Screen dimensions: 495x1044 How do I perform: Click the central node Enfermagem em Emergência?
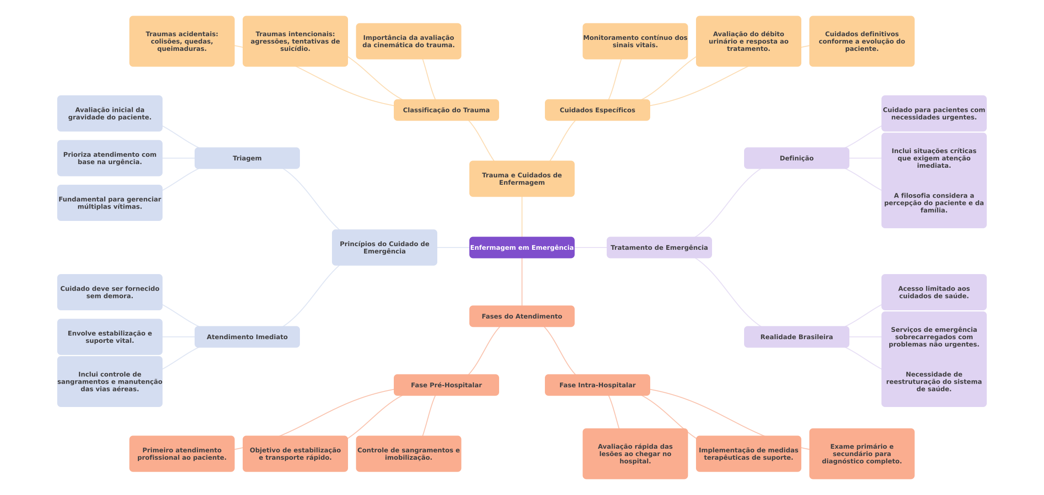[522, 247]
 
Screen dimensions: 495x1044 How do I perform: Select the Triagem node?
[247, 158]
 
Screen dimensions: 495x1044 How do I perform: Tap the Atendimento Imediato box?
[247, 337]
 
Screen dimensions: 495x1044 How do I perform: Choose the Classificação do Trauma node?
[446, 110]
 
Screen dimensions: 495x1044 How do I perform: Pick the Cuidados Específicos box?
[598, 110]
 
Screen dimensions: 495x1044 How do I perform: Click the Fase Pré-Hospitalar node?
[446, 385]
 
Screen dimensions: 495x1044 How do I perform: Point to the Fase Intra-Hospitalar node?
[598, 385]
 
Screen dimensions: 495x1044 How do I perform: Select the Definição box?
[797, 158]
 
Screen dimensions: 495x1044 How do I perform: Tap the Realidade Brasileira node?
[797, 337]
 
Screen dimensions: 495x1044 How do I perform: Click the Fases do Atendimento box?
[522, 316]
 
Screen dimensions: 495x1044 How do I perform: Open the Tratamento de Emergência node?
[659, 247]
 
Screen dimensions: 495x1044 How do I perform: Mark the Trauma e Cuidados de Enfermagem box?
[522, 179]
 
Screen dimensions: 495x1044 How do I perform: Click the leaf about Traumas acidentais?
[182, 41]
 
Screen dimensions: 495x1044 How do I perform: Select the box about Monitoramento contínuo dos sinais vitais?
[635, 41]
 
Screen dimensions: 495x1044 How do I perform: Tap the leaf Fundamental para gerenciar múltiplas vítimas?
[110, 203]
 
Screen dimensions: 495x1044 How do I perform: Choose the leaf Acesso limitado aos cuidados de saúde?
[934, 292]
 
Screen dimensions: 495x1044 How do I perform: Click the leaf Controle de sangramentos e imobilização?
[408, 454]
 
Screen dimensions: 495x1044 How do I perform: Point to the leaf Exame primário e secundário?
[862, 454]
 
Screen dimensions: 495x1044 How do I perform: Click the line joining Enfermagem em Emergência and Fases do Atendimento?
[522, 282]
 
